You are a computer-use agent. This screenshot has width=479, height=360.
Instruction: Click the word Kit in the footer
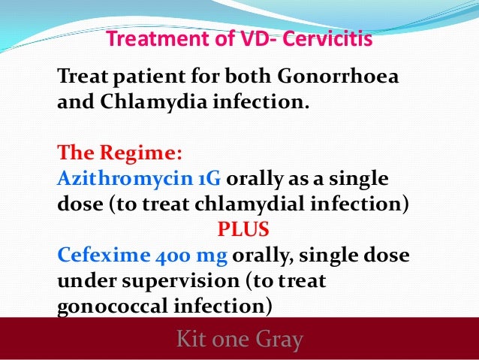point(191,340)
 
